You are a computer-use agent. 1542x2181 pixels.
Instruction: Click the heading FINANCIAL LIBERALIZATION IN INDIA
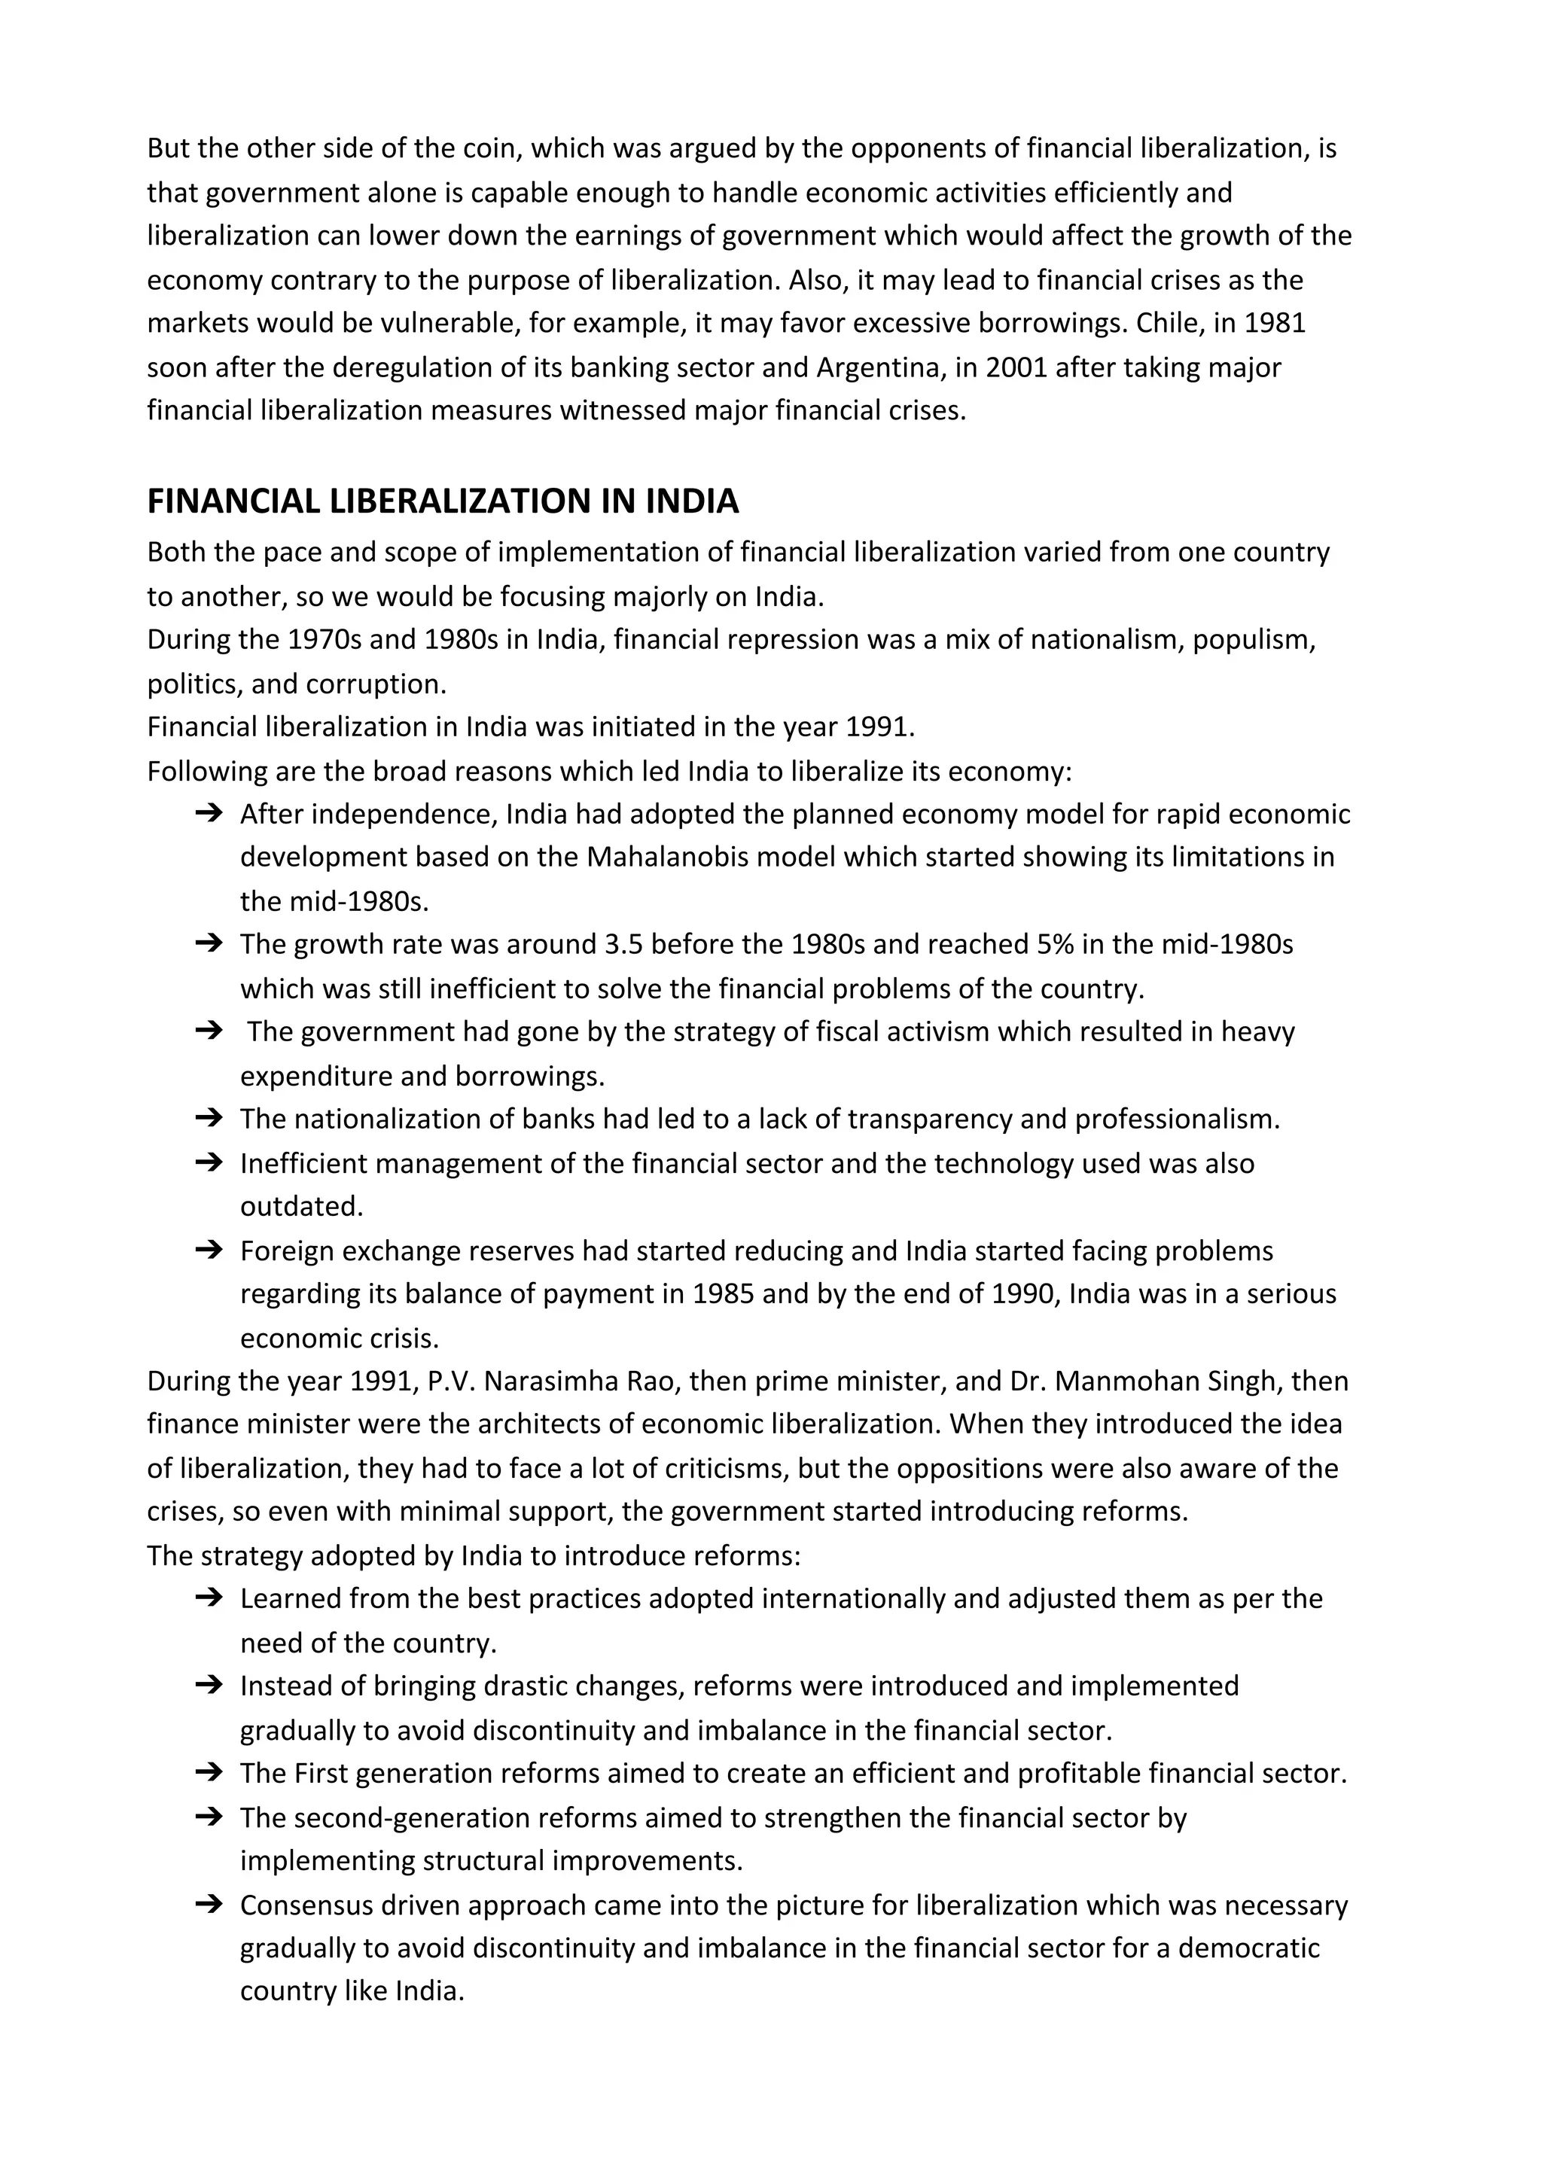[x=443, y=501]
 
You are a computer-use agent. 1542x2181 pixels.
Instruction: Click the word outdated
[x=301, y=1206]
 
